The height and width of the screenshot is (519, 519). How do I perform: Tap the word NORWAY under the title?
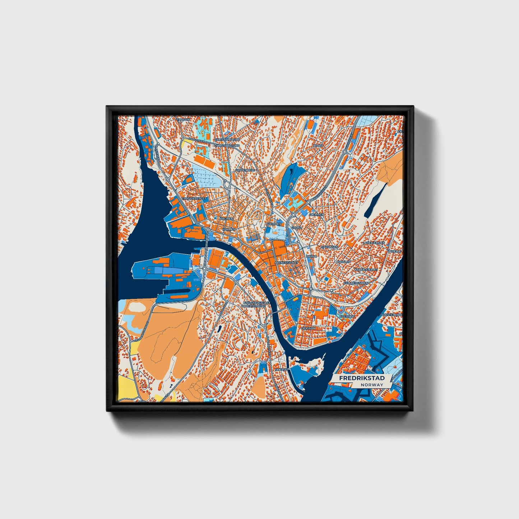pyautogui.click(x=372, y=385)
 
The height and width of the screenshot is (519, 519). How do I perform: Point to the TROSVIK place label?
pyautogui.click(x=183, y=119)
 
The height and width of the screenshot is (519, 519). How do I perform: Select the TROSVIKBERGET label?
pyautogui.click(x=194, y=198)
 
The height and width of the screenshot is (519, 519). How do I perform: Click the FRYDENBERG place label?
pyautogui.click(x=245, y=170)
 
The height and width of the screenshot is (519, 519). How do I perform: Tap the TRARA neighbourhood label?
pyautogui.click(x=318, y=146)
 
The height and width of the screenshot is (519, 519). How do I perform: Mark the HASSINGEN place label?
pyautogui.click(x=329, y=247)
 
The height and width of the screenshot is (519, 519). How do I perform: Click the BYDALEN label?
pyautogui.click(x=343, y=262)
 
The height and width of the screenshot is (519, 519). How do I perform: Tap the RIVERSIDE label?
pyautogui.click(x=347, y=316)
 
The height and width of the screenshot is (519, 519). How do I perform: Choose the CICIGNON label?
pyautogui.click(x=308, y=328)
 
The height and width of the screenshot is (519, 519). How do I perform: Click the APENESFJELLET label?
pyautogui.click(x=287, y=263)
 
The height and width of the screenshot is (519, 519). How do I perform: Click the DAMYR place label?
pyautogui.click(x=311, y=256)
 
